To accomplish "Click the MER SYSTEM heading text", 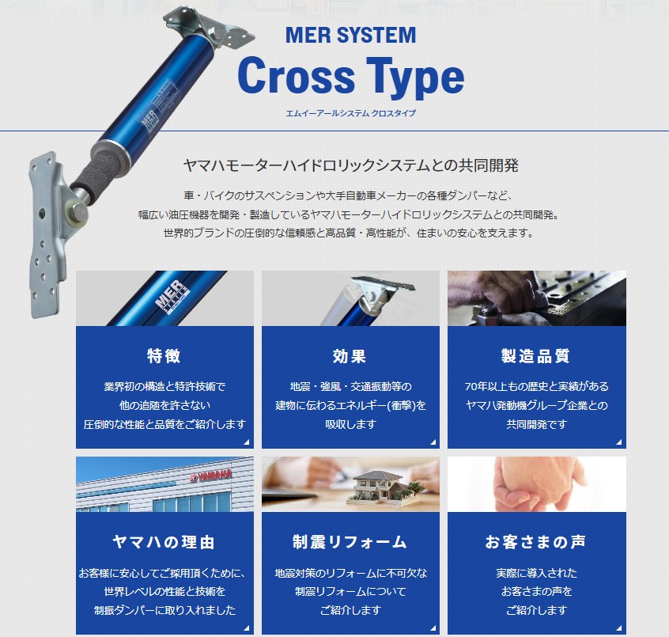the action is pyautogui.click(x=351, y=35).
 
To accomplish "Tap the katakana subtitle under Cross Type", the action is pyautogui.click(x=351, y=113).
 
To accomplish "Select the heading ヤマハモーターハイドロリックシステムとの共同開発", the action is pyautogui.click(x=351, y=165).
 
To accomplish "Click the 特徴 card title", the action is pyautogui.click(x=164, y=355).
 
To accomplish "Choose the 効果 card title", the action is pyautogui.click(x=350, y=355).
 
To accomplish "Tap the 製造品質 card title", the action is pyautogui.click(x=536, y=355).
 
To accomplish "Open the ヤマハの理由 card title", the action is pyautogui.click(x=164, y=542).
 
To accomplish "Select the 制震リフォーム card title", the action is pyautogui.click(x=350, y=542).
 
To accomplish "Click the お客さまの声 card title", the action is pyautogui.click(x=536, y=542).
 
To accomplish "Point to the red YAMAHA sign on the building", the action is pyautogui.click(x=211, y=476).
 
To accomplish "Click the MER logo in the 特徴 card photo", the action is pyautogui.click(x=171, y=294).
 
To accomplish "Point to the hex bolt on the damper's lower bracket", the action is pyautogui.click(x=78, y=212).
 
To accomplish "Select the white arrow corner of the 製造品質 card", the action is pyautogui.click(x=619, y=442).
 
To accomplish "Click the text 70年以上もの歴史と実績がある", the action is pyautogui.click(x=536, y=386).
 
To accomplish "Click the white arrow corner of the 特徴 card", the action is pyautogui.click(x=247, y=442).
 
